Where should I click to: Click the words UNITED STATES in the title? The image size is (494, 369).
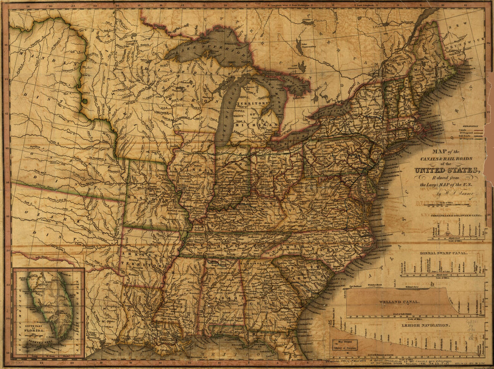[x=447, y=170]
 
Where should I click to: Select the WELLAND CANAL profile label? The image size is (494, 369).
[x=400, y=302]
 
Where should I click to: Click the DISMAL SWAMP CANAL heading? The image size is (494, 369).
[x=443, y=253]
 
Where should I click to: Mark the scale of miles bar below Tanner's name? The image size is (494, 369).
[x=449, y=205]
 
